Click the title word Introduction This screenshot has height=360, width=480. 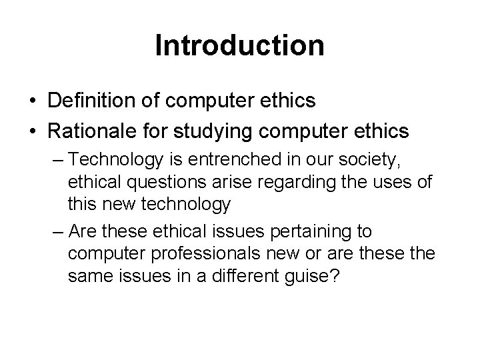pyautogui.click(x=239, y=46)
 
